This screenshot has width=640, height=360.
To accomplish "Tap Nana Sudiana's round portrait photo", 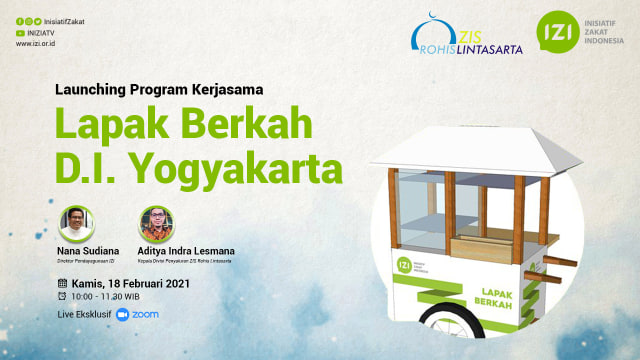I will pyautogui.click(x=76, y=223).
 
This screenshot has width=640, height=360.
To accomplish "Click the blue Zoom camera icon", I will pyautogui.click(x=123, y=314).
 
